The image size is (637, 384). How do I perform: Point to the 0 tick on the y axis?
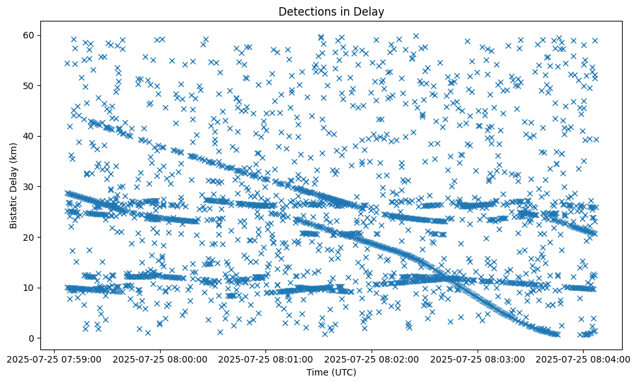click(32, 338)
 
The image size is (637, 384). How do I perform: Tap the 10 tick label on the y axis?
click(29, 288)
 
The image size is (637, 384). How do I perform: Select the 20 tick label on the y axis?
click(29, 237)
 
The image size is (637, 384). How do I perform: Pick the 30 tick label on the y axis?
click(29, 186)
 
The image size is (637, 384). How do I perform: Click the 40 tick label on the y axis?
click(29, 136)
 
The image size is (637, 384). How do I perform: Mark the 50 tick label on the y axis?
click(29, 85)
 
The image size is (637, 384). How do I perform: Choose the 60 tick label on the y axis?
click(29, 35)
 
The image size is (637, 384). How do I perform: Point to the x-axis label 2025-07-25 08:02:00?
click(372, 359)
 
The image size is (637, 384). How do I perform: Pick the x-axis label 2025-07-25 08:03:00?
click(478, 359)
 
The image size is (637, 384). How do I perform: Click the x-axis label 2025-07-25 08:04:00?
click(583, 359)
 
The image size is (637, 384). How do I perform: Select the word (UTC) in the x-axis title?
click(346, 372)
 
